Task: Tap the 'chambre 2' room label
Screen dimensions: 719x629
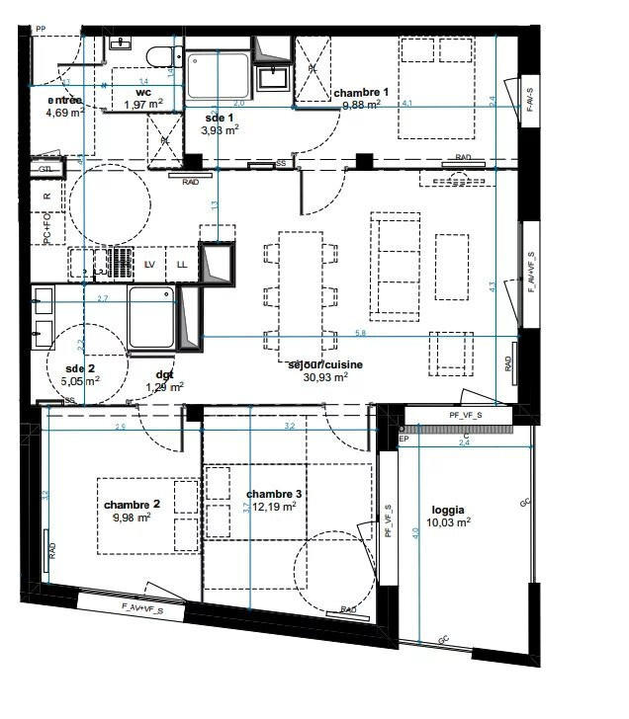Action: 132,504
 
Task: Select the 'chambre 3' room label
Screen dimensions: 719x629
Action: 274,494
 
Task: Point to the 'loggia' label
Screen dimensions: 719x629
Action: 447,511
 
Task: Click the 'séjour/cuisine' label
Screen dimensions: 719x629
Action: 325,364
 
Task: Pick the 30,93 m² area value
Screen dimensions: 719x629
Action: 325,376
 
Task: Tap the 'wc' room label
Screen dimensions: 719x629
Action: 142,92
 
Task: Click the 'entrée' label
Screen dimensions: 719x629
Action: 64,101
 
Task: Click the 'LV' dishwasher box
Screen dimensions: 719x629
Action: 150,265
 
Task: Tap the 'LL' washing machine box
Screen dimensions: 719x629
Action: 182,265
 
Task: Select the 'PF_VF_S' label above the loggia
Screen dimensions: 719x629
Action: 465,416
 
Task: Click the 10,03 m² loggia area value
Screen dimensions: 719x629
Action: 447,522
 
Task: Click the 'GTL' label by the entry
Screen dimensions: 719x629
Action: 45,170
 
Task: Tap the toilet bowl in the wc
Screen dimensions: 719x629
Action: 157,55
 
